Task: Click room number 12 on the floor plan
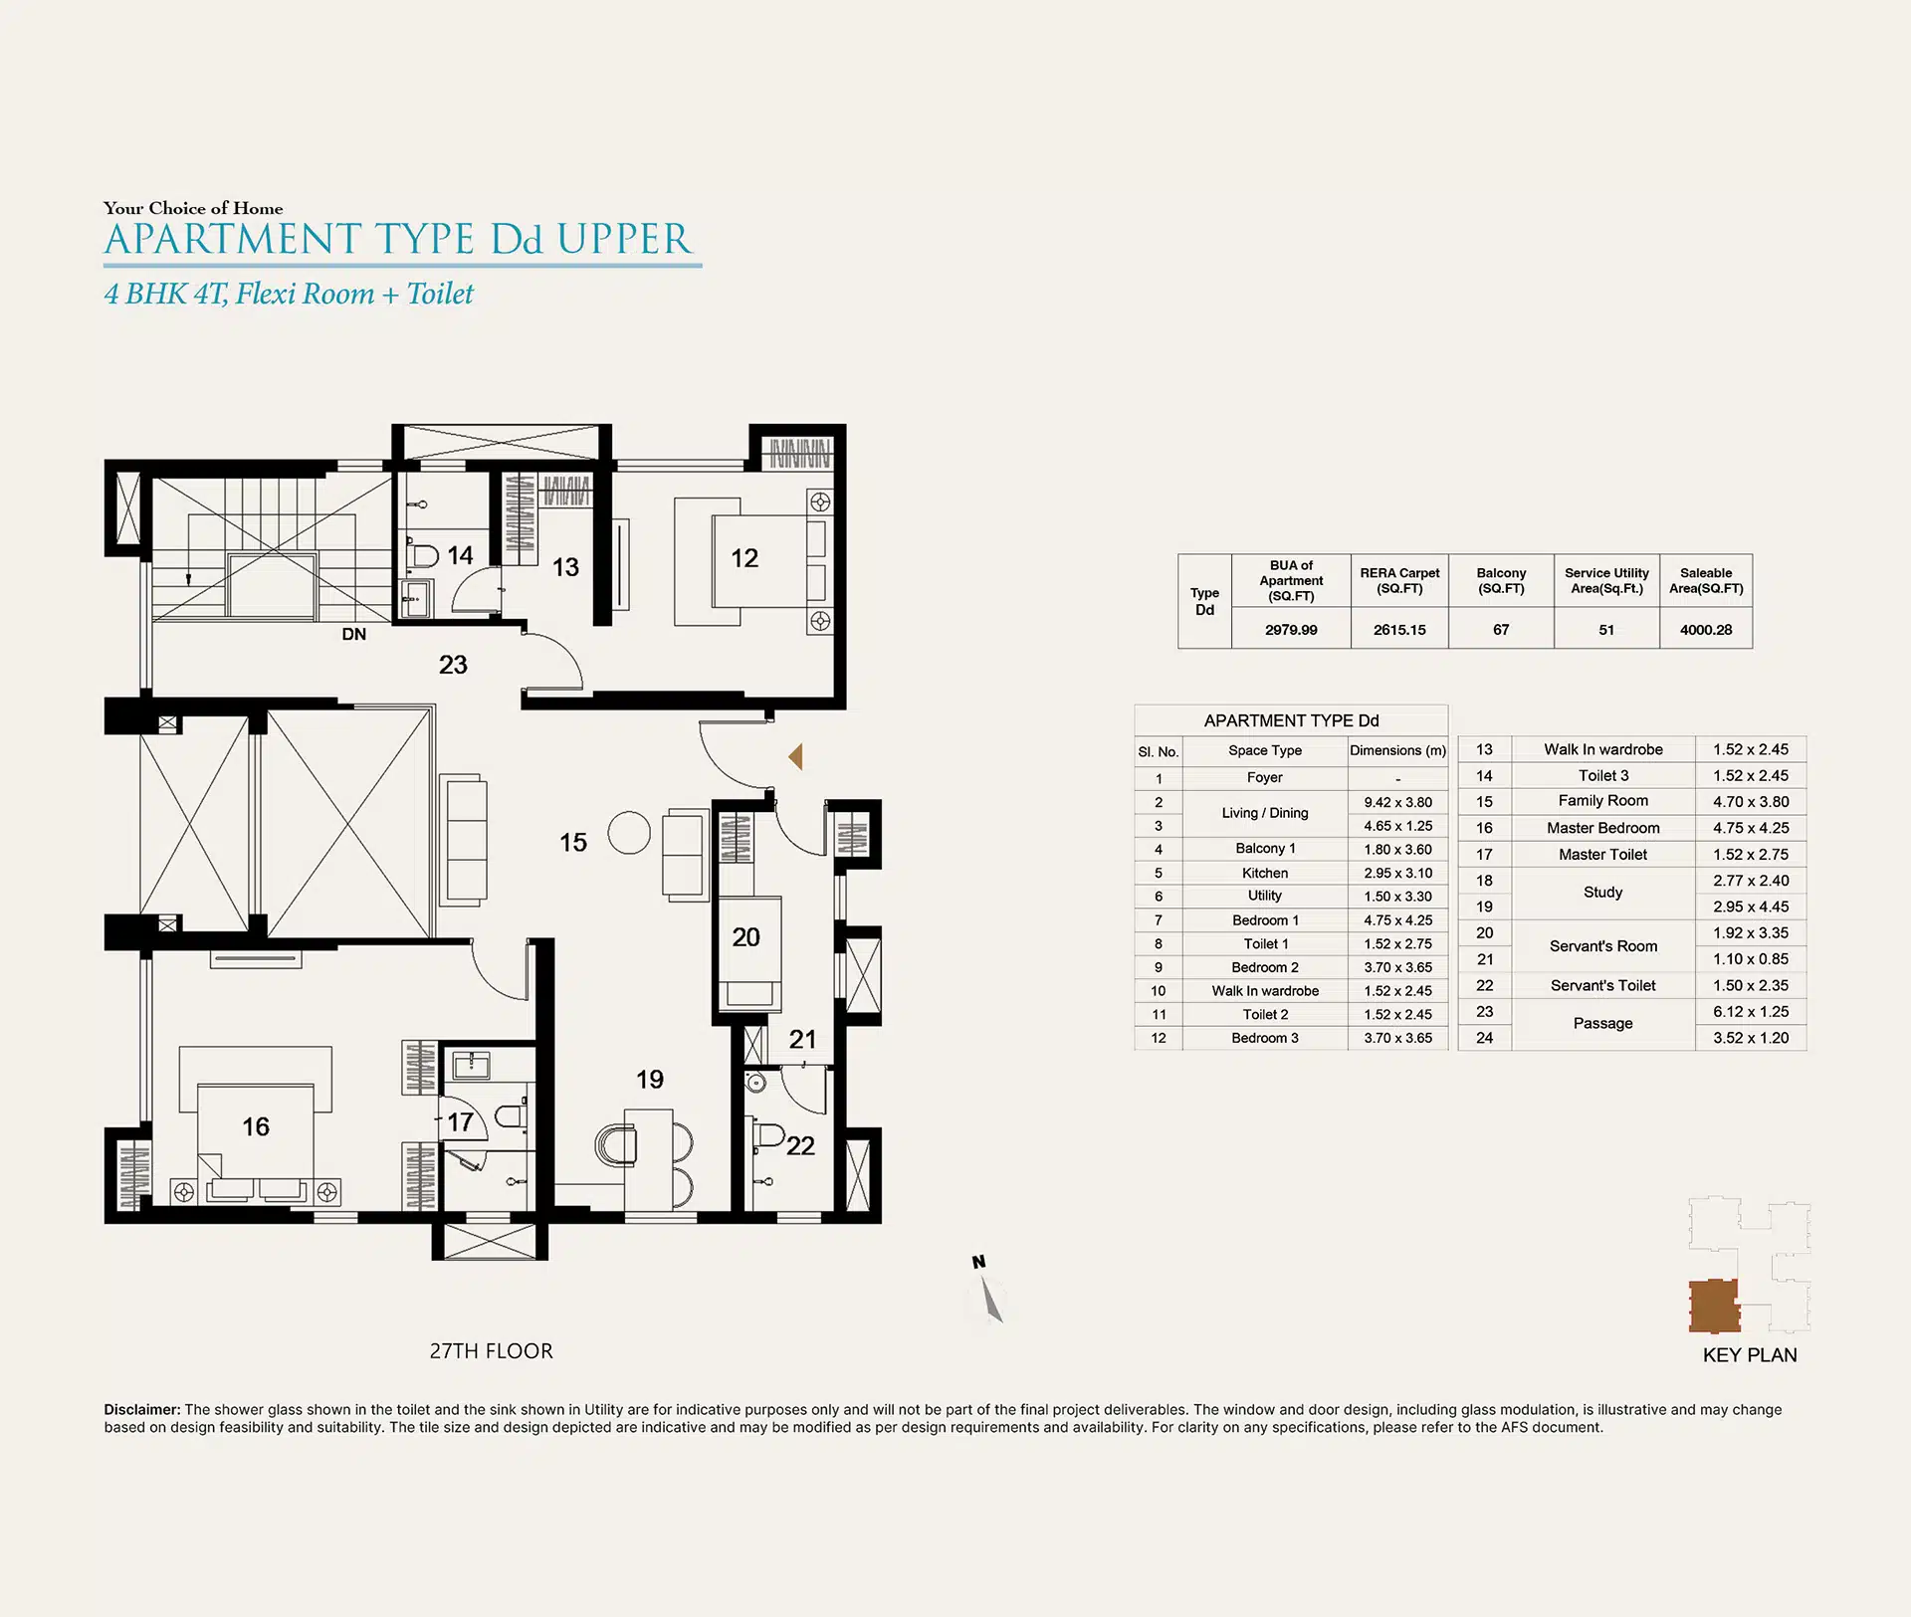coord(744,558)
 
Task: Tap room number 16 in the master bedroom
coord(256,1126)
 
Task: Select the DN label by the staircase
coord(354,634)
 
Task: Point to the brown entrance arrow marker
coord(795,756)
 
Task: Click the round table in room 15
coord(629,833)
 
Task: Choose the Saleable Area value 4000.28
coord(1706,630)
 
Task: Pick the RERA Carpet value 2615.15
coord(1399,630)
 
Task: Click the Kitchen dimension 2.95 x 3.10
coord(1398,873)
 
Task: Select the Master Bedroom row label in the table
coord(1602,828)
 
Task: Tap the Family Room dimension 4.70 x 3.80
coord(1751,802)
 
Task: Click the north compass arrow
coord(990,1299)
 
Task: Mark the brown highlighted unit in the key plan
coord(1714,1306)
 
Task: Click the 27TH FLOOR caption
coord(491,1351)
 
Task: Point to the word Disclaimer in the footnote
coord(142,1410)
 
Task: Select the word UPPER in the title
coord(623,240)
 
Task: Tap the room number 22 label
coord(800,1146)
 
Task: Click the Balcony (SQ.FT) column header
coord(1501,580)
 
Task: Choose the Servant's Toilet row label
coord(1602,985)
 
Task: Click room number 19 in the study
coord(650,1080)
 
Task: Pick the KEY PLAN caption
coord(1750,1355)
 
